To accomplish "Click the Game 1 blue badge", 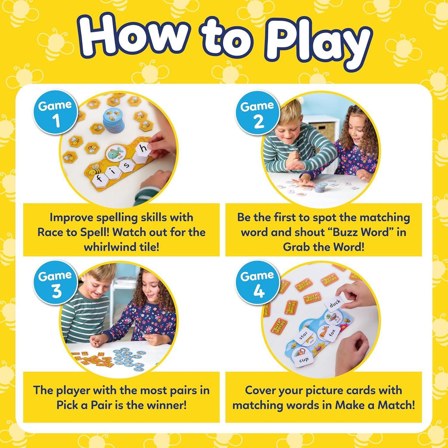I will pyautogui.click(x=55, y=112).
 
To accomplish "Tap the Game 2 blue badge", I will pyautogui.click(x=257, y=112).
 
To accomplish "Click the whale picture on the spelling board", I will pyautogui.click(x=115, y=154).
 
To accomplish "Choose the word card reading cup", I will pyautogui.click(x=304, y=360).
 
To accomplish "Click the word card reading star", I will pyautogui.click(x=304, y=336).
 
